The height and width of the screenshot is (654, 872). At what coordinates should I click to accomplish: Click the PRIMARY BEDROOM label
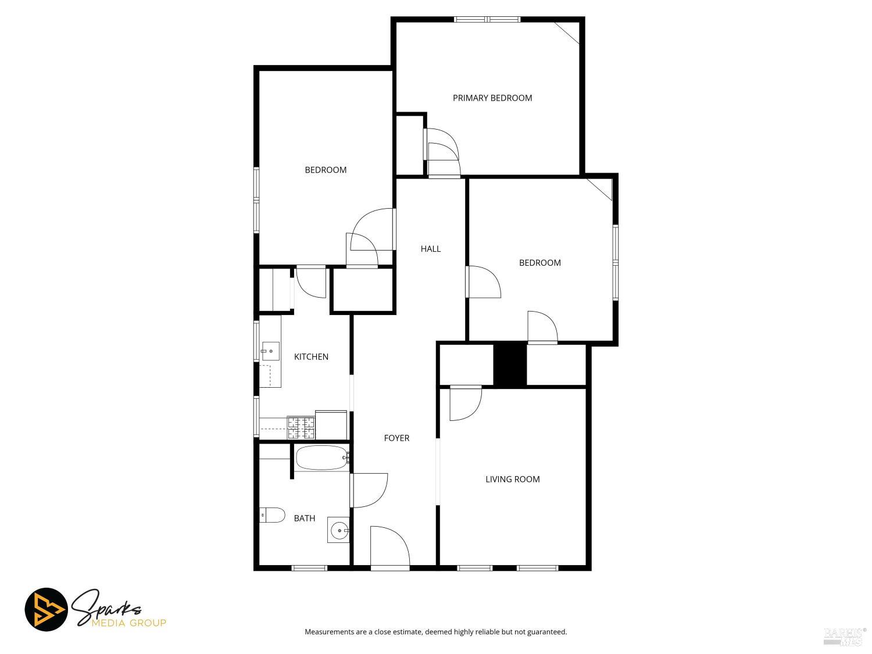point(492,98)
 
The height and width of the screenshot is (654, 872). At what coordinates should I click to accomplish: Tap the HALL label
point(431,249)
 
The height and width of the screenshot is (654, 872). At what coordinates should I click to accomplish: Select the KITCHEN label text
point(311,357)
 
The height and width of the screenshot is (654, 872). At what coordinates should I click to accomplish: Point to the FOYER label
point(396,438)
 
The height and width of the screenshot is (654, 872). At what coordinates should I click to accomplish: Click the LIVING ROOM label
point(513,479)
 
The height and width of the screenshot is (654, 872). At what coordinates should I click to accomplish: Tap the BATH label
point(305,518)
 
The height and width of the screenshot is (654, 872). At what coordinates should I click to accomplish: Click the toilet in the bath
point(272,515)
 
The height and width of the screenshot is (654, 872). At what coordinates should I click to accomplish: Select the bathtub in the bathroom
point(321,458)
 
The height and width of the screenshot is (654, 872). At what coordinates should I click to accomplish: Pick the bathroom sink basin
point(339,530)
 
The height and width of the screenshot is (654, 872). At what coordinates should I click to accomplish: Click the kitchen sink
point(270,351)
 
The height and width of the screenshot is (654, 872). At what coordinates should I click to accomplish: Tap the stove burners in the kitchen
point(301,428)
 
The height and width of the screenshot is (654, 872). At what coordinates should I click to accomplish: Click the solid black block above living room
point(510,364)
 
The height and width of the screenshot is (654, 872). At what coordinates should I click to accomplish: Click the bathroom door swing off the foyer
point(369,490)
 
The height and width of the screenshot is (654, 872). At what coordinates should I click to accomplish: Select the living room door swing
point(465,402)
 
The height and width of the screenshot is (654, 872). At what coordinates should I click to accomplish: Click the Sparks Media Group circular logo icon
point(47,610)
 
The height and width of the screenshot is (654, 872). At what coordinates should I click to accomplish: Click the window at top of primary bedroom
point(487,19)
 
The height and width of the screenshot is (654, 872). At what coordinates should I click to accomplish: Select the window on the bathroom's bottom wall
point(309,568)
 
